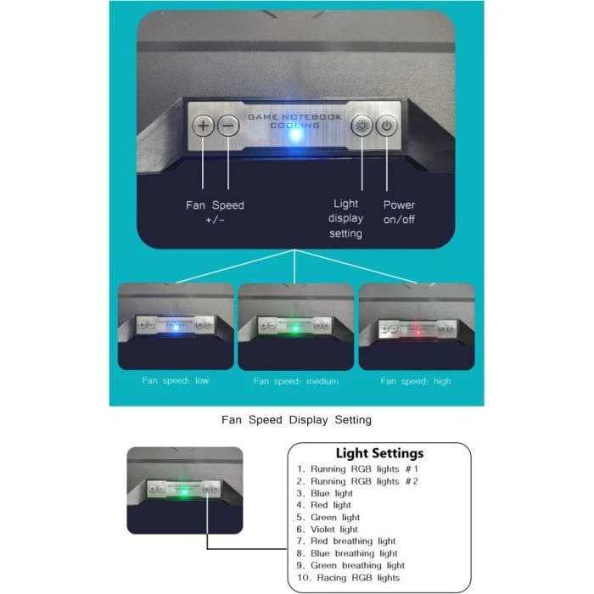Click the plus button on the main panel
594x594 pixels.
(x=204, y=126)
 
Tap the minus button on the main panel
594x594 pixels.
(x=228, y=126)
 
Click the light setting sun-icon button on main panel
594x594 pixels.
(x=362, y=126)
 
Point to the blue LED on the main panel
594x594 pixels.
(x=295, y=134)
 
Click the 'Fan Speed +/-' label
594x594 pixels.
(x=215, y=212)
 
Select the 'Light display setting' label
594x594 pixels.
(x=346, y=218)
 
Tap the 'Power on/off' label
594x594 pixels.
(x=399, y=212)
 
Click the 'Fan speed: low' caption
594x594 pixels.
(x=176, y=380)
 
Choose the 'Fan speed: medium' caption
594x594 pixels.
(x=295, y=381)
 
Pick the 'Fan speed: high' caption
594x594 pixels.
(x=416, y=381)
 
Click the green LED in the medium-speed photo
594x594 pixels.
(x=294, y=331)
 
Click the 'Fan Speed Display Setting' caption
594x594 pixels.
(x=296, y=419)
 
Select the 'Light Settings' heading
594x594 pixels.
(x=379, y=453)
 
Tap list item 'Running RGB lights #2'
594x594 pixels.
(x=357, y=480)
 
